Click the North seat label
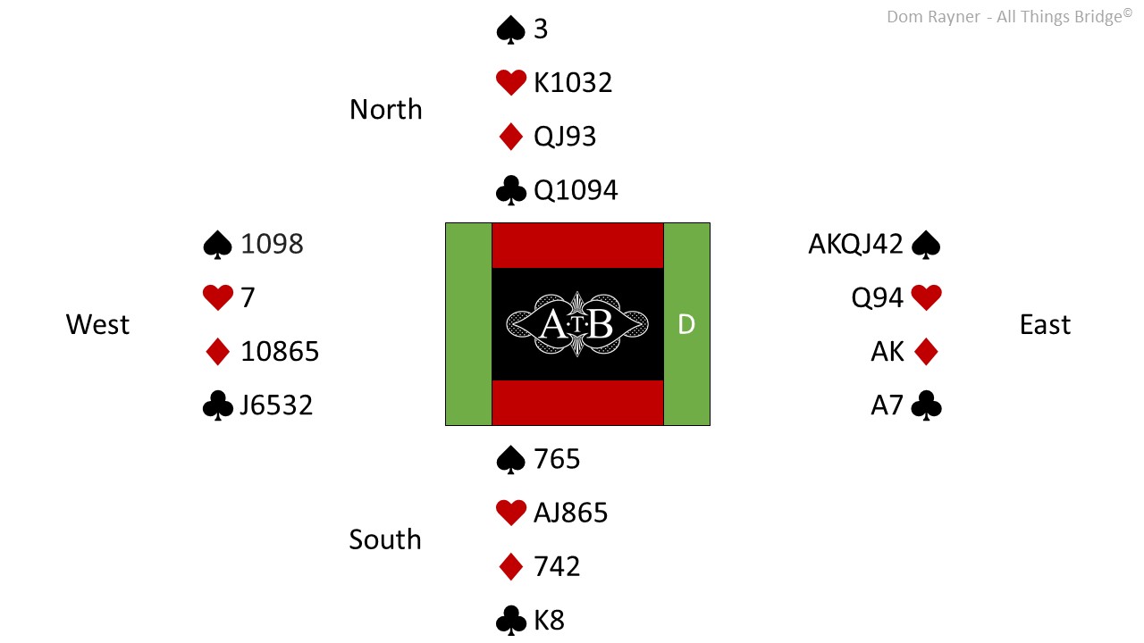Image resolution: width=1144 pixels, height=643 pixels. pyautogui.click(x=385, y=109)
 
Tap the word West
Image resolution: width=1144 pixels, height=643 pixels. pyautogui.click(x=97, y=324)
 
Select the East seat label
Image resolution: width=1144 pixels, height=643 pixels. pyautogui.click(x=1045, y=324)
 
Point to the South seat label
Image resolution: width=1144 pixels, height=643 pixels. pyautogui.click(x=385, y=539)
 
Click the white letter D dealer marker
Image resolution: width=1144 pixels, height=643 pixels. pyautogui.click(x=686, y=324)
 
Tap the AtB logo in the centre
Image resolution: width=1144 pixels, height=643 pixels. pyautogui.click(x=577, y=324)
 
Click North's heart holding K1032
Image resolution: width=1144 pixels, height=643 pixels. pyautogui.click(x=573, y=83)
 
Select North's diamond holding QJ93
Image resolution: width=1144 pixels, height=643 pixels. pyautogui.click(x=565, y=137)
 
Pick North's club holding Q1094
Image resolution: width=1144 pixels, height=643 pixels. pyautogui.click(x=576, y=190)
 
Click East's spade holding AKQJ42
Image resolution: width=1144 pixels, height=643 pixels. pyautogui.click(x=855, y=244)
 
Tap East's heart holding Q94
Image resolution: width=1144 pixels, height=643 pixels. pyautogui.click(x=877, y=298)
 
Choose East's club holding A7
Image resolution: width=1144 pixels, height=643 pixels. pyautogui.click(x=887, y=405)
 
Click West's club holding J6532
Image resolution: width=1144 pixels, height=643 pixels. pyautogui.click(x=276, y=405)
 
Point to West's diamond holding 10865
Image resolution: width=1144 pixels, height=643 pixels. pyautogui.click(x=280, y=352)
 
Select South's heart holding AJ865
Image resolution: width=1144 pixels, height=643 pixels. pyautogui.click(x=570, y=513)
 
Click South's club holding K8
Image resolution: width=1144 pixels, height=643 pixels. pyautogui.click(x=549, y=621)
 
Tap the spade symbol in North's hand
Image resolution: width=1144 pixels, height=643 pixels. pyautogui.click(x=510, y=29)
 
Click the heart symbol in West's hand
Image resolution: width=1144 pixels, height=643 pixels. pyautogui.click(x=218, y=297)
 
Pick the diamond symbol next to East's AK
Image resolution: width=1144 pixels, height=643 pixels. pyautogui.click(x=926, y=352)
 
